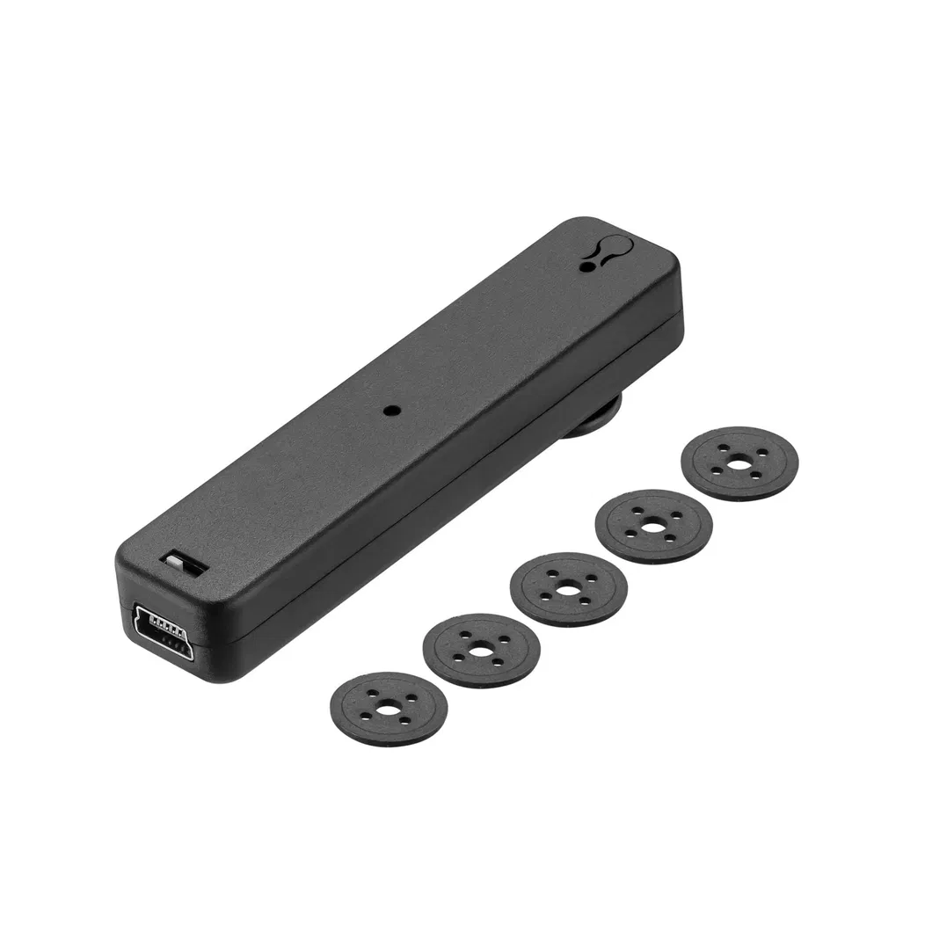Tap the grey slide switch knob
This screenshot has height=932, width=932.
175,561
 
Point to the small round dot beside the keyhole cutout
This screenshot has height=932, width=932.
586,265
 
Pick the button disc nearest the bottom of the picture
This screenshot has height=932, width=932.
389,710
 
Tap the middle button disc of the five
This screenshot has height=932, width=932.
568,589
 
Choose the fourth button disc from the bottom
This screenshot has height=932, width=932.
653,527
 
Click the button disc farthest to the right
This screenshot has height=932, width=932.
739,464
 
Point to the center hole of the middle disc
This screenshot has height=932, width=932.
568,586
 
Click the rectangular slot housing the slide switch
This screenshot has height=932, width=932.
184,564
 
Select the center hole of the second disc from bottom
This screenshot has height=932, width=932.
481,647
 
